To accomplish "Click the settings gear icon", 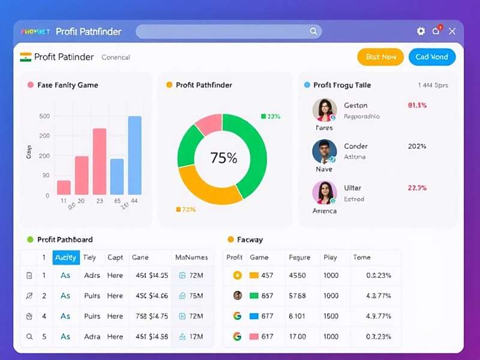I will pyautogui.click(x=421, y=31).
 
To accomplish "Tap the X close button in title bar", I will pyautogui.click(x=452, y=31).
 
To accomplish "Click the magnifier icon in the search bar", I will pyautogui.click(x=313, y=31).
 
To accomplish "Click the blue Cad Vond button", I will pyautogui.click(x=432, y=57).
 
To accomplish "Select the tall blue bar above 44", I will pyautogui.click(x=135, y=155).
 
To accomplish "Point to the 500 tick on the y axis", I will pyautogui.click(x=45, y=116).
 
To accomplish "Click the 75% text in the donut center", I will pyautogui.click(x=223, y=158).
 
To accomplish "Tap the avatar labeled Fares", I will pyautogui.click(x=324, y=110).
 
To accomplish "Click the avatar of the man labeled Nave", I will pyautogui.click(x=324, y=152).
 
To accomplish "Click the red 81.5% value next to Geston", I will pyautogui.click(x=417, y=106).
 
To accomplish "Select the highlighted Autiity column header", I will pyautogui.click(x=65, y=257).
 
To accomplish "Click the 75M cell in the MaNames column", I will pyautogui.click(x=195, y=296).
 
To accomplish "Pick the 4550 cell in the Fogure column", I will pyautogui.click(x=297, y=275).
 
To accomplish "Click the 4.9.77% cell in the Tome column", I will pyautogui.click(x=379, y=316).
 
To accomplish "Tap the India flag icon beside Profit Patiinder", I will pyautogui.click(x=26, y=57).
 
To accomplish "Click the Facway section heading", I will pyautogui.click(x=250, y=239).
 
